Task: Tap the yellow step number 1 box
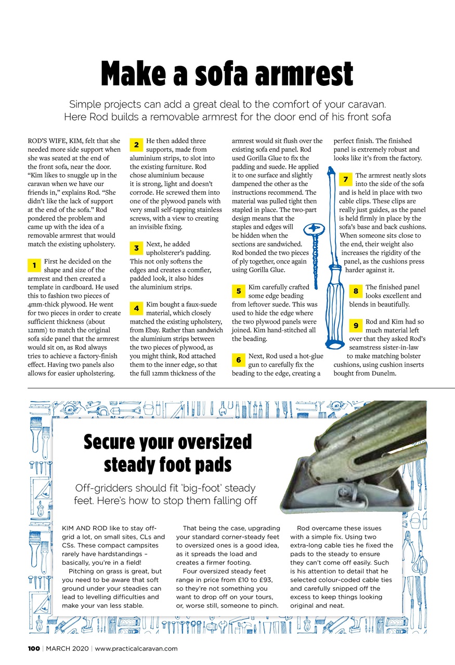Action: (33, 265)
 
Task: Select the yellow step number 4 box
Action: (135, 309)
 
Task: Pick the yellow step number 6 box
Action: (238, 360)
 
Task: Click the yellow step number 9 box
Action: (356, 326)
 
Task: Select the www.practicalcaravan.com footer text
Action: (136, 648)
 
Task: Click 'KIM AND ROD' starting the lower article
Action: (83, 528)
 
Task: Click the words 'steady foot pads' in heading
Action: (168, 464)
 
